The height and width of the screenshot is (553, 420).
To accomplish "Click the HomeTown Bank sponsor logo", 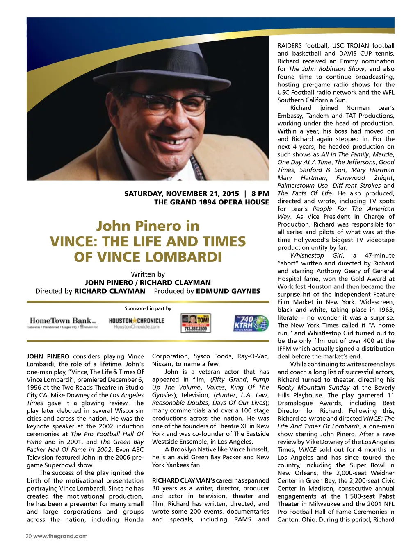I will (x=63, y=322).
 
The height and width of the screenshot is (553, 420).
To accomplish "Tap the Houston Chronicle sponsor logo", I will (x=137, y=323).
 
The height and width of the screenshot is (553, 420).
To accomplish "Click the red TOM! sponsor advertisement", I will (x=196, y=323).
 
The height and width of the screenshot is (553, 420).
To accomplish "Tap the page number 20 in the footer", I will (x=29, y=536).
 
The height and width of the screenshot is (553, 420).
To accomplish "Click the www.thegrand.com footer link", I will (x=60, y=536).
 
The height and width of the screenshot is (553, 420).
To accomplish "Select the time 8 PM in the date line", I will (x=260, y=193).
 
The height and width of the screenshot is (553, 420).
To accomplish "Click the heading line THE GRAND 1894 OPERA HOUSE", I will (x=212, y=202).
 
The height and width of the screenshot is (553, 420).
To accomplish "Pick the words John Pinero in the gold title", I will (x=148, y=226).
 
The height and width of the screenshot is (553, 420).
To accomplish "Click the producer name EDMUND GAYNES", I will (x=228, y=291).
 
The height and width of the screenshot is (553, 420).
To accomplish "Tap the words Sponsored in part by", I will (x=148, y=308).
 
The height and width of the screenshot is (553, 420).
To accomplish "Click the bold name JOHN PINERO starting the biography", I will (x=48, y=356).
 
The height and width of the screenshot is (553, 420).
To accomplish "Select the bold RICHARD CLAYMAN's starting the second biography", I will (x=183, y=480).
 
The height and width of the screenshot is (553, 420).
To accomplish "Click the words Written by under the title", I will (x=148, y=274).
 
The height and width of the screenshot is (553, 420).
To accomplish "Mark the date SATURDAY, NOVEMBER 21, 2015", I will (x=181, y=193).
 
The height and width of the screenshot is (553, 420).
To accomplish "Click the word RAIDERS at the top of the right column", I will (x=290, y=45).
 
